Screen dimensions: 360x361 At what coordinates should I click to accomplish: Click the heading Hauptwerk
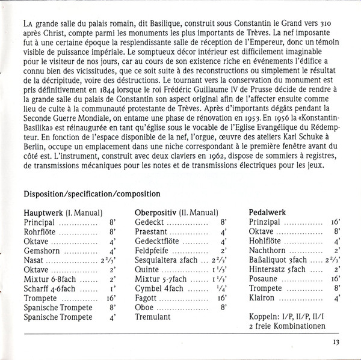pyautogui.click(x=43, y=212)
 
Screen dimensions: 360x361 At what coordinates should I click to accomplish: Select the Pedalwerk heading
pyautogui.click(x=267, y=212)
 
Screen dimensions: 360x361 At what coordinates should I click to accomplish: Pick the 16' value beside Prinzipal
pyautogui.click(x=335, y=222)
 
